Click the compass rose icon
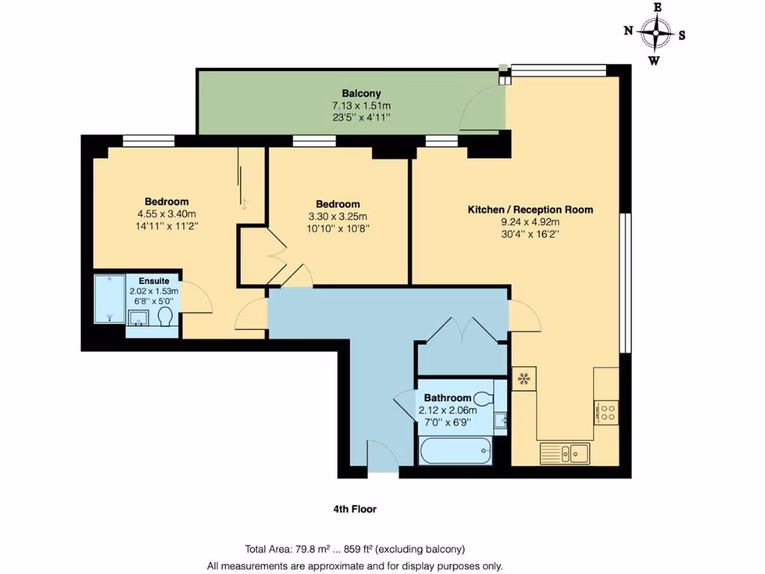pos(655,34)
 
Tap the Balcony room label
pos(362,93)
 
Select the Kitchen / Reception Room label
pos(530,209)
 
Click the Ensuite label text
pos(153,281)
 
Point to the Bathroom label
pos(447,398)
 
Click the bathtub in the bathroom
pos(453,450)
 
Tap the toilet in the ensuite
pos(166,318)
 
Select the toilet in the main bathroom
pos(483,396)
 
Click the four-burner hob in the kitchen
pos(606,412)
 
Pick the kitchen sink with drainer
pos(565,452)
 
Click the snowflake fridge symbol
pos(524,379)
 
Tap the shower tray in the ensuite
pos(109,299)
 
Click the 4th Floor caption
pos(355,509)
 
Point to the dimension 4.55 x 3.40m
pos(166,214)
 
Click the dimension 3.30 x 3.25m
pos(338,217)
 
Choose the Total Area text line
pos(355,548)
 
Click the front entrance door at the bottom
pos(382,457)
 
